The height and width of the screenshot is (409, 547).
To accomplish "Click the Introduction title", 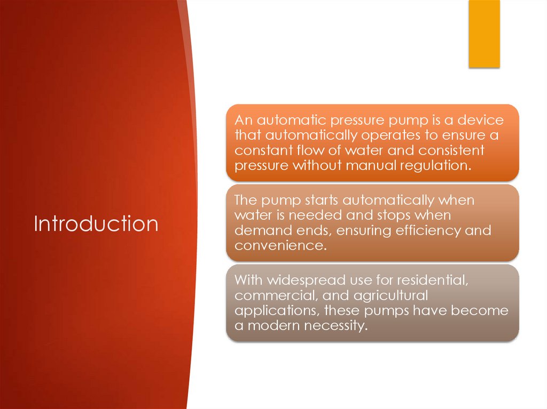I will coord(96,223).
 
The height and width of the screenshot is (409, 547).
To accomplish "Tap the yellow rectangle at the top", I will coord(484,34).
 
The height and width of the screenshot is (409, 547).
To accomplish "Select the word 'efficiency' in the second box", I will coord(409,230).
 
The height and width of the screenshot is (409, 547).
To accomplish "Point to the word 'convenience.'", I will coord(280,246).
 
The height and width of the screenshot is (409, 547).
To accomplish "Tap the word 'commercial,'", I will coord(278,295).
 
